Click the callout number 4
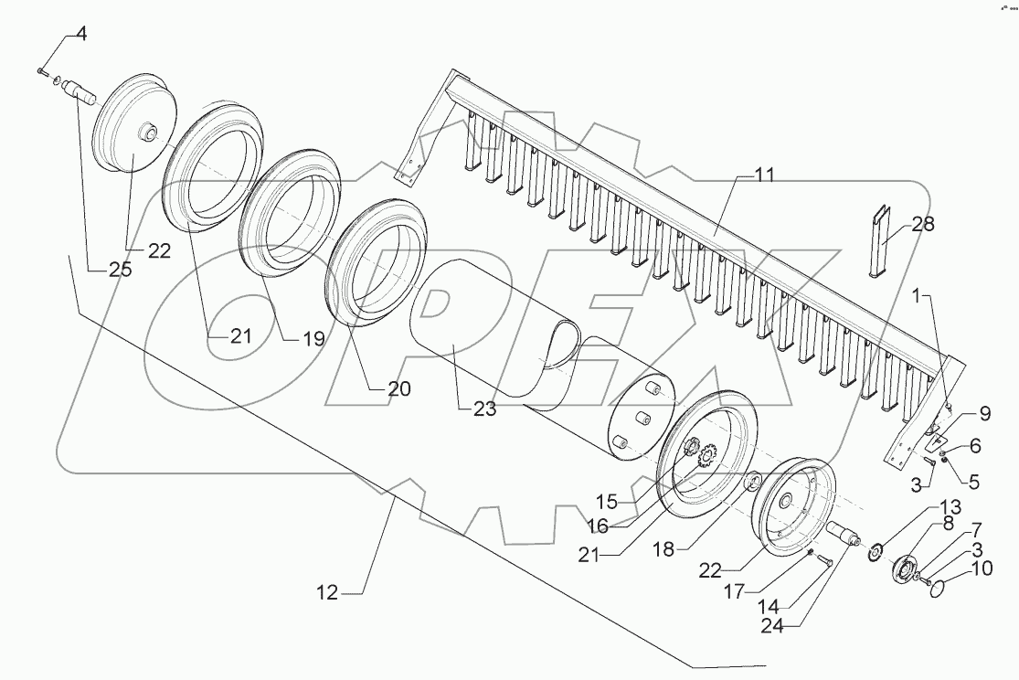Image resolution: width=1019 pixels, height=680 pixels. (81, 35)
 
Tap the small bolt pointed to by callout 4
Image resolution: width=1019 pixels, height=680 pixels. (44, 70)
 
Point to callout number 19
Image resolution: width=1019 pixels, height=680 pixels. (313, 339)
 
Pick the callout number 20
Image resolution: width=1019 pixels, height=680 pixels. (398, 388)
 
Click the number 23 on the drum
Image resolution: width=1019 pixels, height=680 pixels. (484, 409)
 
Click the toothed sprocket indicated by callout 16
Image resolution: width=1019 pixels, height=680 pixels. (705, 454)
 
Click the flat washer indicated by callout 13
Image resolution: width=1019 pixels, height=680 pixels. (876, 548)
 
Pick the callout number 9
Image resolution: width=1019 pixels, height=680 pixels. (984, 412)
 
